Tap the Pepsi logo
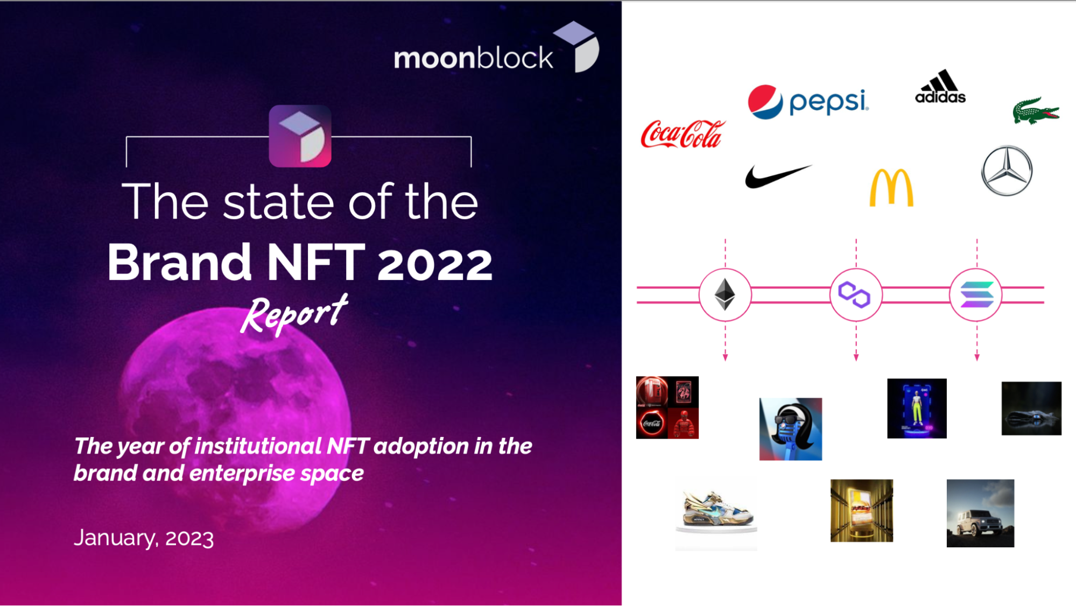pos(808,102)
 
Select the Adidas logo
pos(940,86)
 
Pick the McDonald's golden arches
pos(891,187)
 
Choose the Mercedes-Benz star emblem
pos(1007,171)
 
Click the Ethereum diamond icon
pos(725,294)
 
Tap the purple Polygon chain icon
pos(855,295)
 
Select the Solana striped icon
pos(976,295)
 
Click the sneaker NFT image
pos(716,514)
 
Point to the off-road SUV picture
pos(980,513)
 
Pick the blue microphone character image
pos(791,429)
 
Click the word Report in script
pos(294,314)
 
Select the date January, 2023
pos(144,538)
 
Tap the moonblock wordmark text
pos(473,58)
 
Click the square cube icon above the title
pos(300,136)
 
